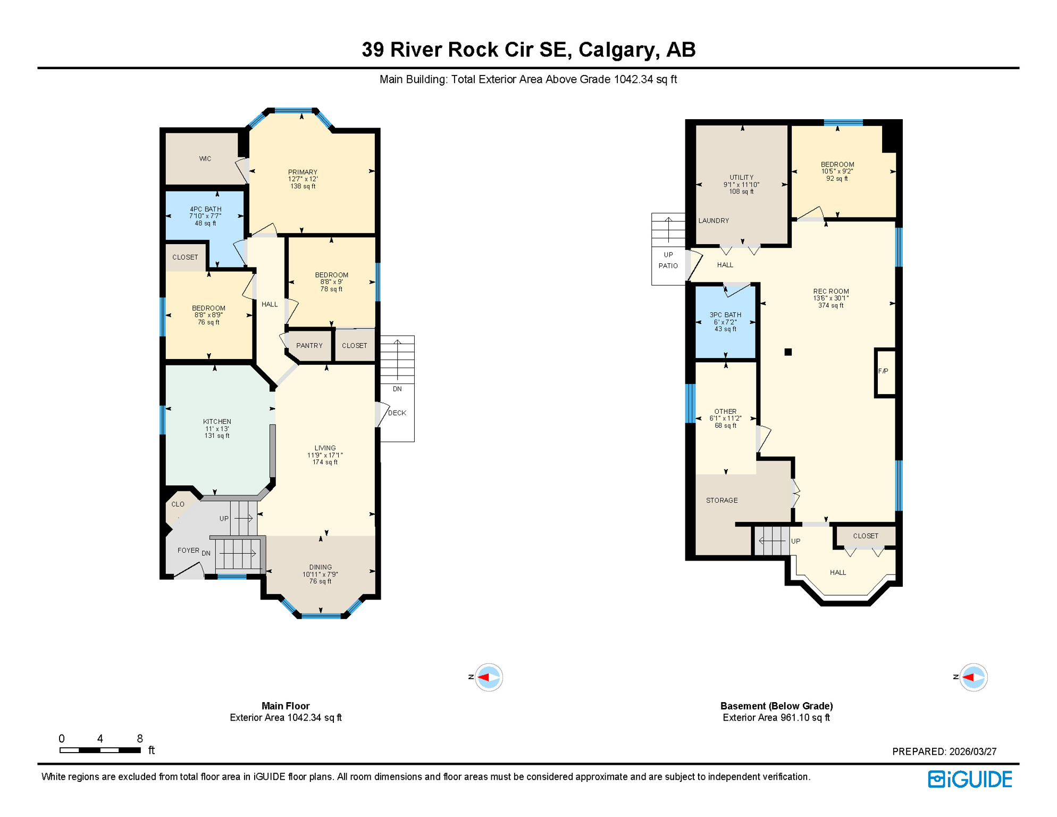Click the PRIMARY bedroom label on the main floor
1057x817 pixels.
click(x=303, y=172)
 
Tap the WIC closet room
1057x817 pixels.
click(x=205, y=159)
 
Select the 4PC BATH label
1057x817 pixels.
click(x=205, y=209)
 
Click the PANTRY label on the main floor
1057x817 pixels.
click(x=309, y=346)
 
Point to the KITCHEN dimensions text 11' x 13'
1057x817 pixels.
click(x=217, y=429)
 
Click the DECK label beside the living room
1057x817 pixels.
click(x=397, y=413)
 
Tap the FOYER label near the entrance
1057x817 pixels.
click(x=188, y=551)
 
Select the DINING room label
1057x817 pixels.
click(x=320, y=568)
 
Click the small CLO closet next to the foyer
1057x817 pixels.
click(x=178, y=504)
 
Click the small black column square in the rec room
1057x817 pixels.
click(x=788, y=352)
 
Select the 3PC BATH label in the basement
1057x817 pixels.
click(x=725, y=315)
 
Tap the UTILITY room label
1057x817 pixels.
click(x=741, y=178)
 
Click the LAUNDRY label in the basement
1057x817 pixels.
click(x=714, y=221)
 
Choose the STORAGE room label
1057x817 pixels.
click(x=722, y=501)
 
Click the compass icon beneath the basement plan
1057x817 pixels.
click(x=973, y=677)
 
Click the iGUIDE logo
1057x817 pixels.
click(x=970, y=779)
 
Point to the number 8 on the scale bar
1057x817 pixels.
click(x=140, y=738)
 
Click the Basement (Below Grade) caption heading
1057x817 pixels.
click(x=776, y=706)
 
